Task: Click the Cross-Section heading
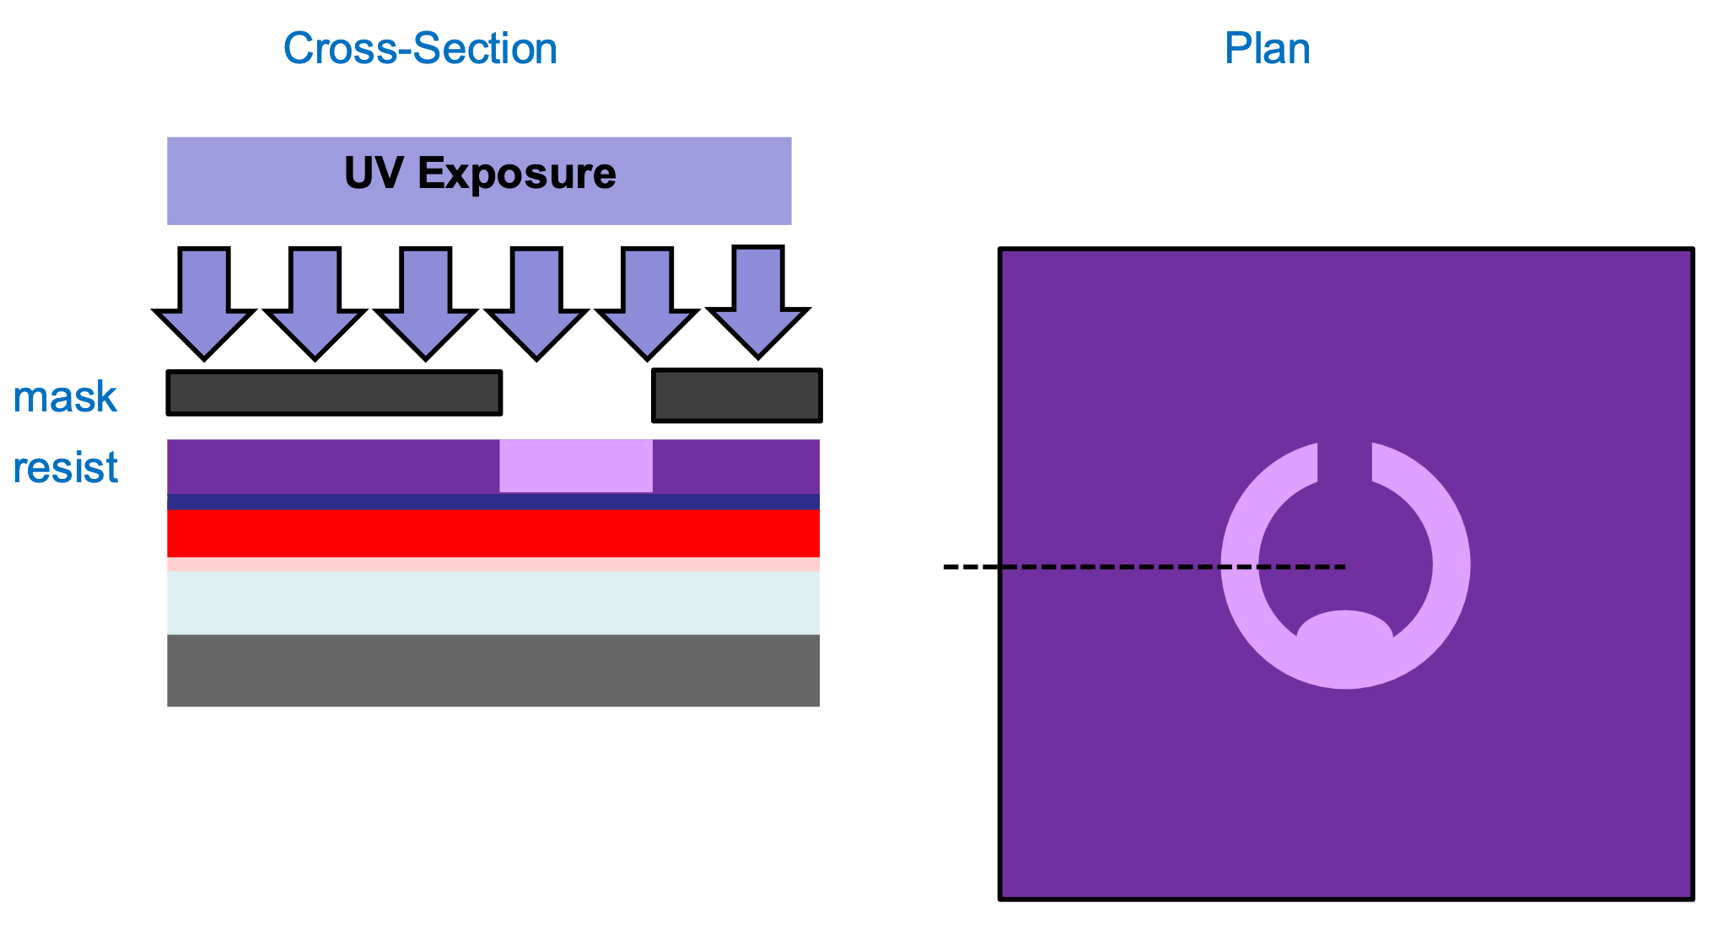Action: (420, 49)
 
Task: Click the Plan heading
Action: (1267, 49)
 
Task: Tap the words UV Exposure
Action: (480, 174)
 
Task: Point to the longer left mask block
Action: (334, 393)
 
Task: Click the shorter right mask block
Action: (736, 395)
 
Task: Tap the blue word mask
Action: (65, 397)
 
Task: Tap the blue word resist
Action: (65, 468)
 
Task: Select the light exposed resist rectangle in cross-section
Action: (576, 465)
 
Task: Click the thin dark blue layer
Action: (493, 502)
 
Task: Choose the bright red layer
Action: (493, 533)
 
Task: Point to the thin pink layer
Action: (493, 564)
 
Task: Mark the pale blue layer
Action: (493, 603)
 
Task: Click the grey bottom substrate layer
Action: (493, 670)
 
